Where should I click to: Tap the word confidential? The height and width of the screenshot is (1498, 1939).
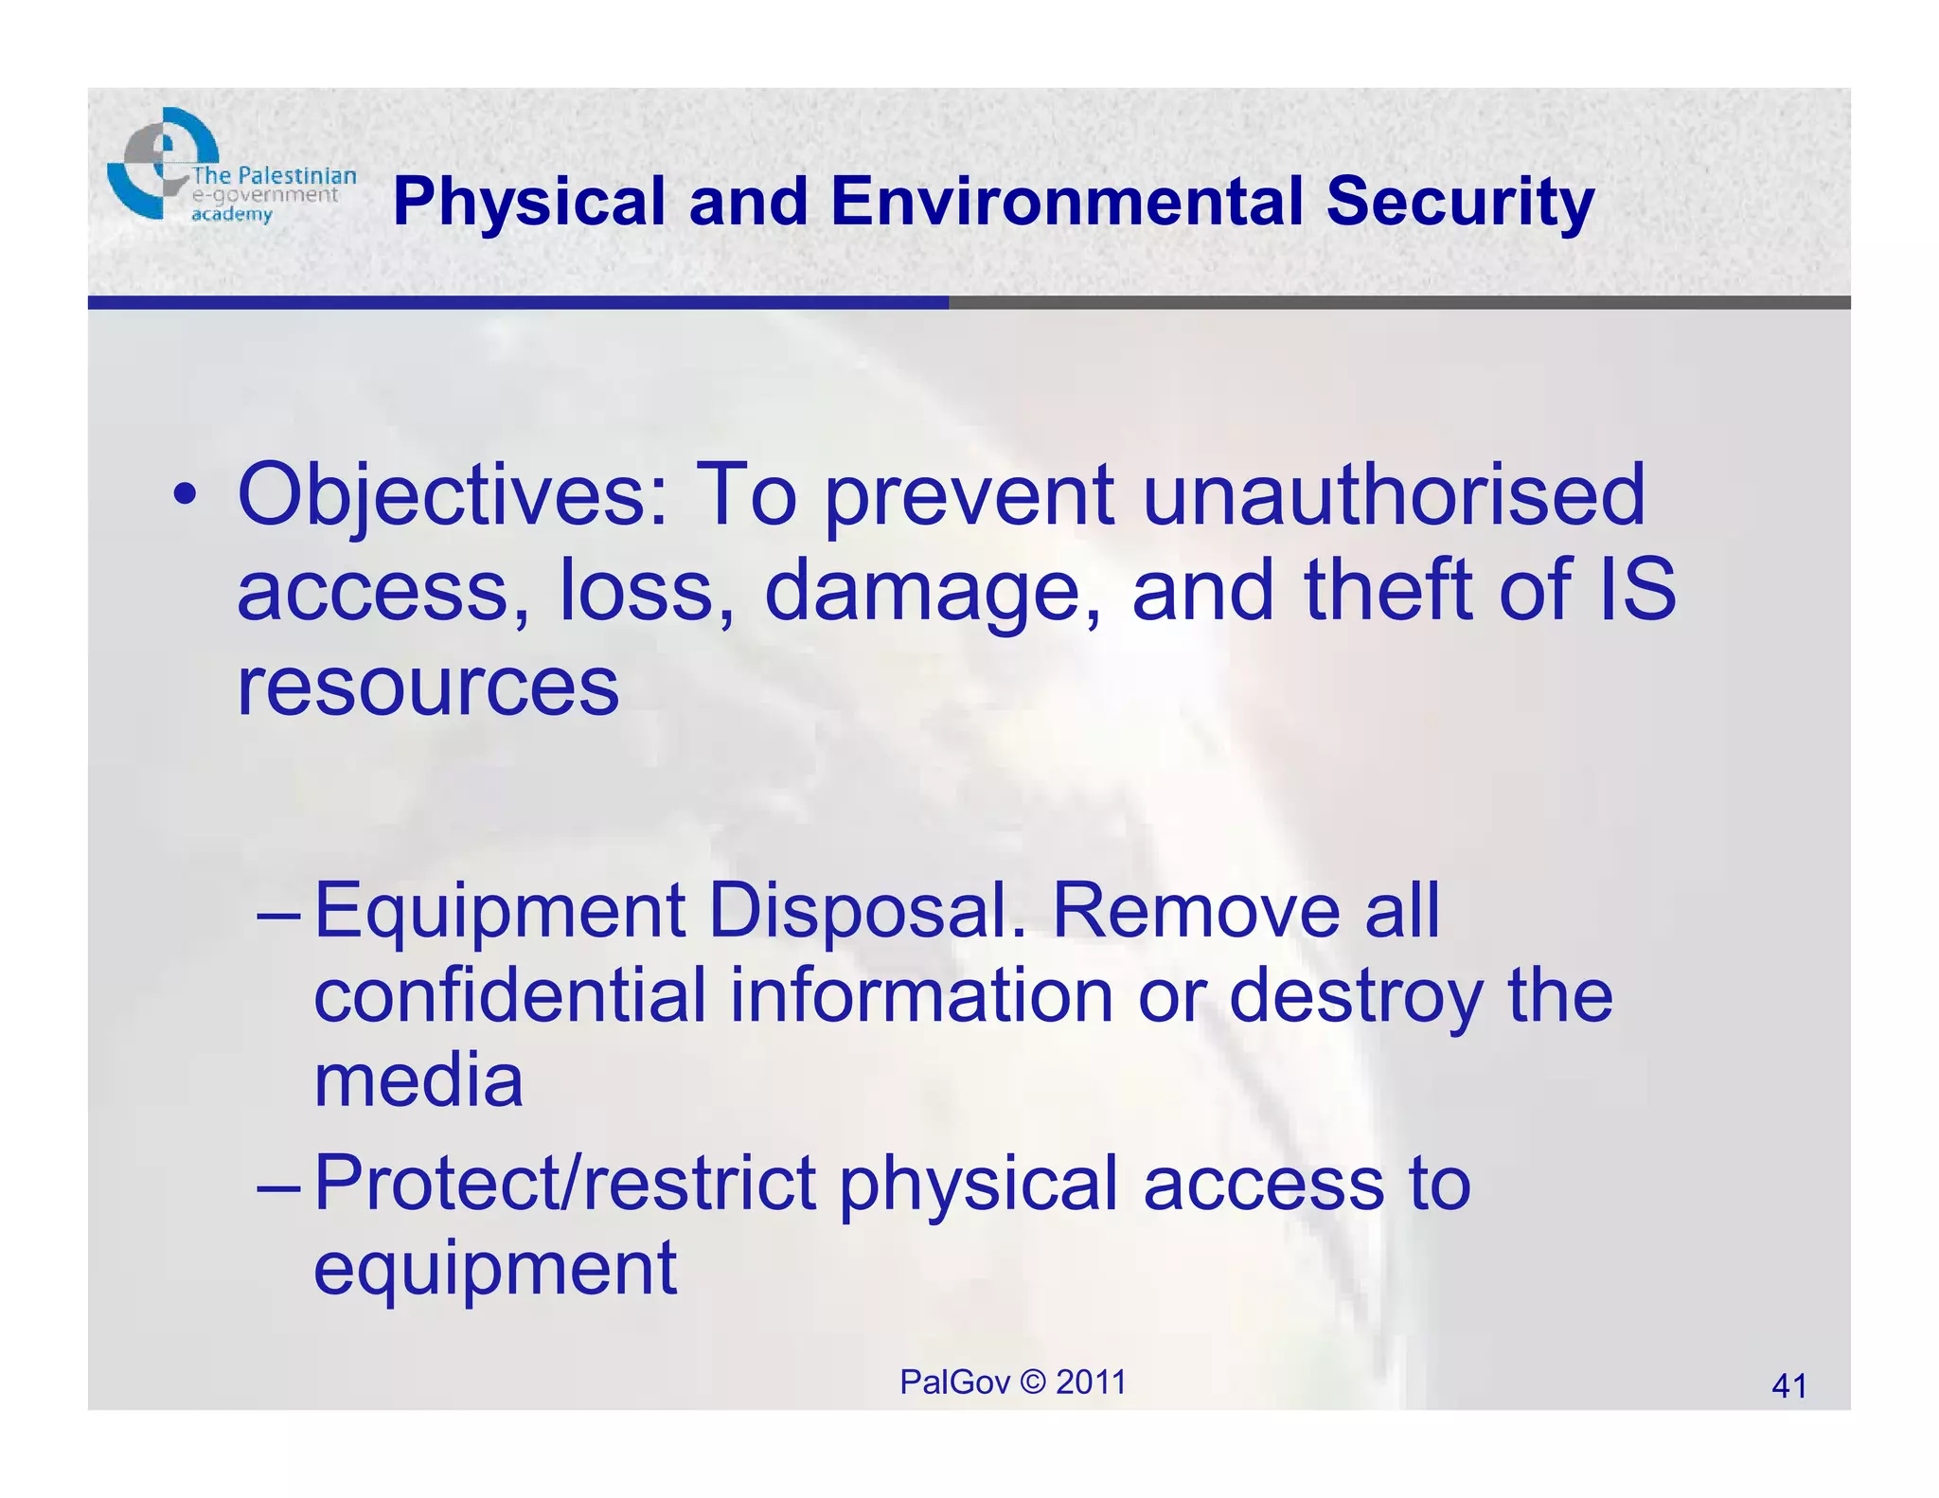pyautogui.click(x=510, y=995)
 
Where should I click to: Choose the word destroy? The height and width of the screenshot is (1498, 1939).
pyautogui.click(x=1355, y=997)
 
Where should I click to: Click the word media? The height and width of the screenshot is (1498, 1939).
pyautogui.click(x=418, y=1080)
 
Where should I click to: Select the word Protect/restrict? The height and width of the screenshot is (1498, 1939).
pyautogui.click(x=565, y=1183)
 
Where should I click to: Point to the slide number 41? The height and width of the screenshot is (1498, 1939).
pyautogui.click(x=1788, y=1386)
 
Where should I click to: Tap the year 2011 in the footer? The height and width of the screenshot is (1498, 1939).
pyautogui.click(x=1091, y=1382)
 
